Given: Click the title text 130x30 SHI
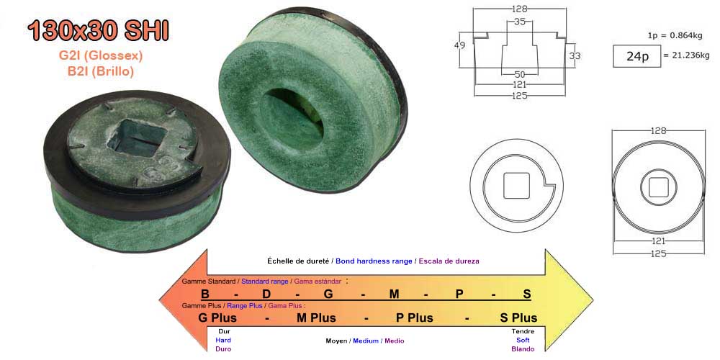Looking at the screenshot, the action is click(x=98, y=31).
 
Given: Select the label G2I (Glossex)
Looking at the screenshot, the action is click(x=101, y=56).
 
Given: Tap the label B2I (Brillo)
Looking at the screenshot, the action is click(x=101, y=71).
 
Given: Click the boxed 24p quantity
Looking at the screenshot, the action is click(x=637, y=56).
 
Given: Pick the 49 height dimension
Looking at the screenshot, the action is click(x=459, y=45).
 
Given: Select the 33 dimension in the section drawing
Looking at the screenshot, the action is click(x=575, y=55).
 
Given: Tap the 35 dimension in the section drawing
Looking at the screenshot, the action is click(x=520, y=21).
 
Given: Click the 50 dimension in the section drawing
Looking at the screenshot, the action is click(x=520, y=74).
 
